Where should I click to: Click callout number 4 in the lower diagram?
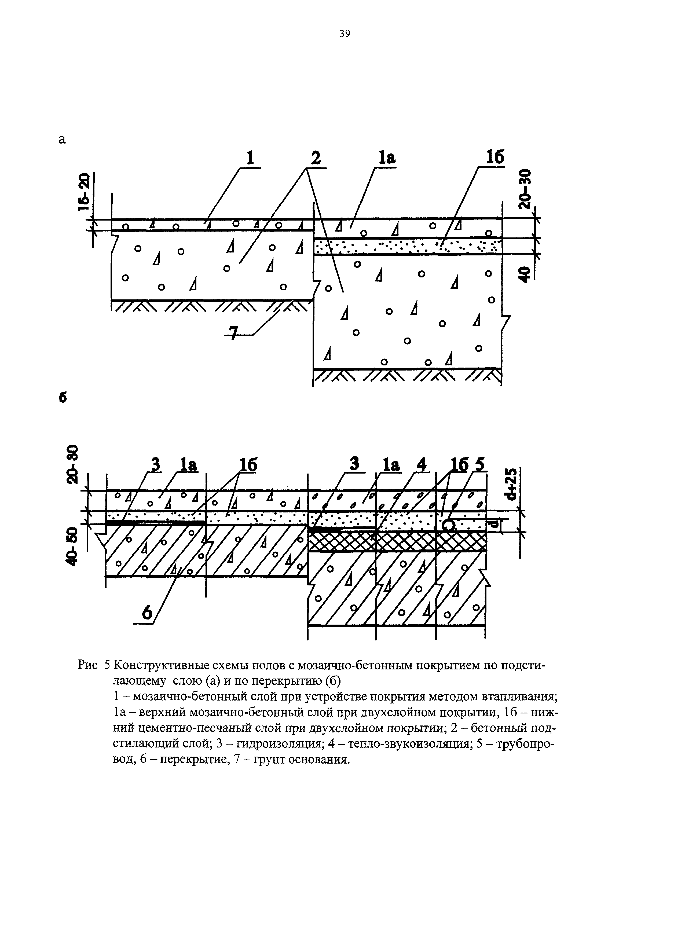[x=420, y=465]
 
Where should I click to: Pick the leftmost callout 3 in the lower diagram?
[x=155, y=465]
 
